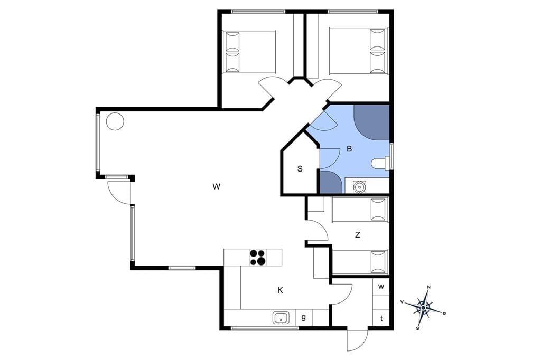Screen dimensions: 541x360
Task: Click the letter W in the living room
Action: click(x=216, y=186)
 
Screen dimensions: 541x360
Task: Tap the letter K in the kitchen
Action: click(x=280, y=290)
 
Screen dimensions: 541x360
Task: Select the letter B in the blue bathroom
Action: click(x=349, y=149)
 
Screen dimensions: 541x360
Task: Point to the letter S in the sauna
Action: click(x=300, y=169)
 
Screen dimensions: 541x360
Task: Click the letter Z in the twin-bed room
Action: click(x=358, y=235)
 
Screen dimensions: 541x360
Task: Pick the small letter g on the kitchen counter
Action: click(x=304, y=317)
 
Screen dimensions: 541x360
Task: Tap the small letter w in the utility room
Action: click(x=381, y=287)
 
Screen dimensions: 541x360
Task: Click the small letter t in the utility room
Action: click(x=381, y=319)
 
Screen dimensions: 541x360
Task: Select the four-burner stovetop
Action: click(x=258, y=257)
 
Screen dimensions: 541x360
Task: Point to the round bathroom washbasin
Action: click(x=359, y=186)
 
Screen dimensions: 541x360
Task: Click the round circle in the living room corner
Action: click(x=115, y=121)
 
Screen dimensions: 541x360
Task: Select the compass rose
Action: click(x=423, y=307)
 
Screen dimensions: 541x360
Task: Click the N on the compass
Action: click(x=429, y=287)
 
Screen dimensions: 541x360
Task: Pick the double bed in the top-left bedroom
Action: click(x=250, y=52)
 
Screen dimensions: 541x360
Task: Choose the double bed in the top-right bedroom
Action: click(x=359, y=51)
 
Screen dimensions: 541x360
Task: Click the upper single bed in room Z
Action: click(x=360, y=210)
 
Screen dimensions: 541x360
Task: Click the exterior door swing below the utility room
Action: click(x=357, y=340)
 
